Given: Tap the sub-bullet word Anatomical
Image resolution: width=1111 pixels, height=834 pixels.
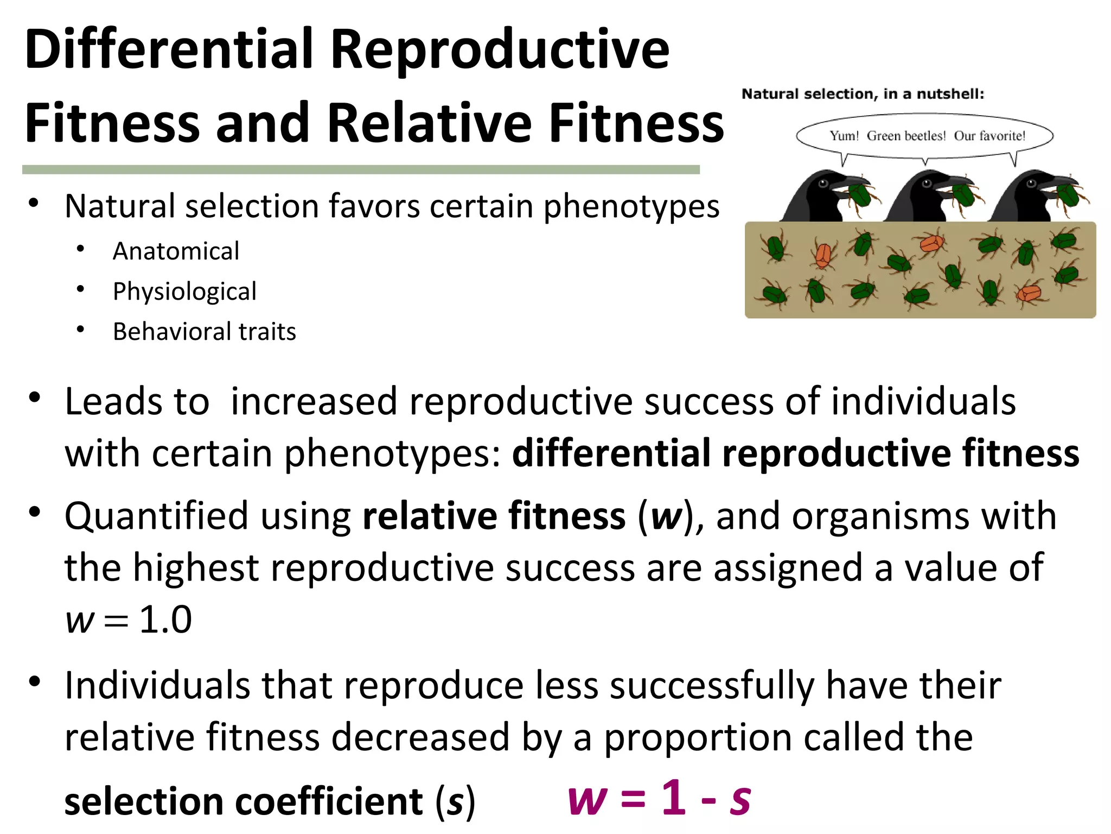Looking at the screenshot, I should [176, 251].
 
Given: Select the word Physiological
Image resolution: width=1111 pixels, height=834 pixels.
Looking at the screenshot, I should [184, 292].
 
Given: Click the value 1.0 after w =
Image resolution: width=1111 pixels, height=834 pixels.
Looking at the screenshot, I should [165, 620].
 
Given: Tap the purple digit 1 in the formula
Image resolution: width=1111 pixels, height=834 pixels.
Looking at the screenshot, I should [674, 797].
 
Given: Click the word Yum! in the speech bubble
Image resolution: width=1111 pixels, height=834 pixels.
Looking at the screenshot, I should [844, 136].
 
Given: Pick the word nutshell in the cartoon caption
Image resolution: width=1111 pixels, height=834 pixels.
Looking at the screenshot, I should [950, 94].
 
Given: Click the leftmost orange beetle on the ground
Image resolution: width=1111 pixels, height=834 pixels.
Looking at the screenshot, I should [823, 256].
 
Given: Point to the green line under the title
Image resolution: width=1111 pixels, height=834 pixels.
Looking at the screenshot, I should [361, 170].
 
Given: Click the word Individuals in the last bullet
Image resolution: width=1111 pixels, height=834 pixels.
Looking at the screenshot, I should [157, 685].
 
